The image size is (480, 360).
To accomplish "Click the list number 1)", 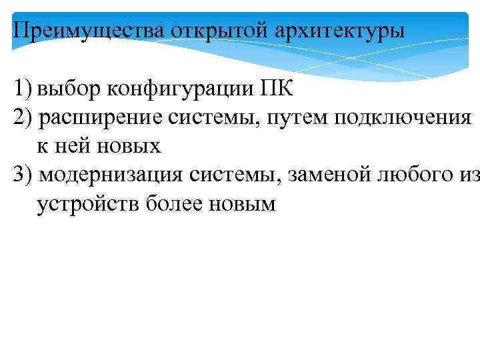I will pos(22,88).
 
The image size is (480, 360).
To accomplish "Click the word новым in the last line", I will pos(238,204).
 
